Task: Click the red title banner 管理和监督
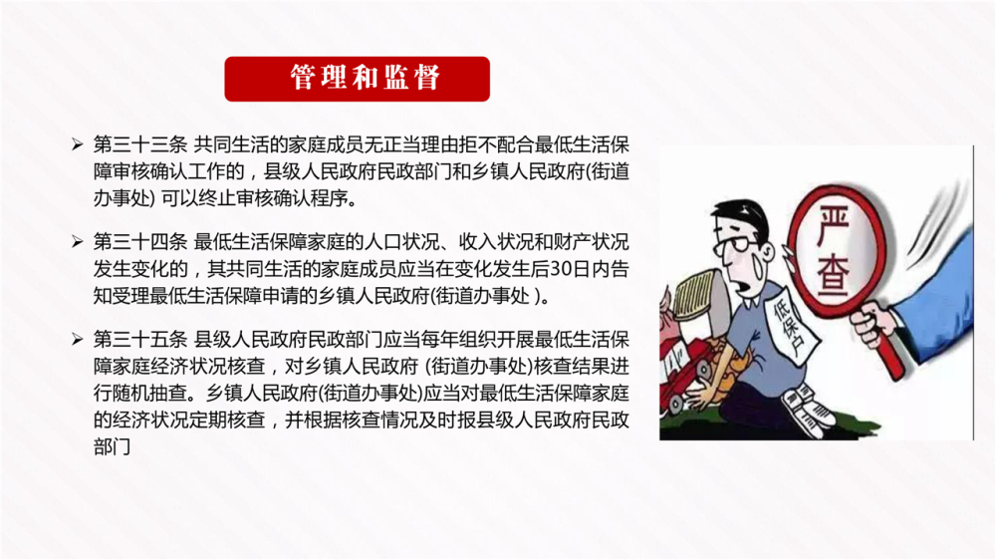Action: (x=357, y=79)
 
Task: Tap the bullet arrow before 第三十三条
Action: (x=78, y=144)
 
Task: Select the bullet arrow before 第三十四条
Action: (x=78, y=242)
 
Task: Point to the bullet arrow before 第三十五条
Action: (x=78, y=340)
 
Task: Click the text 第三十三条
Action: (x=139, y=144)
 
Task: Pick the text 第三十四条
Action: (x=139, y=242)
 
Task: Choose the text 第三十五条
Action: (x=139, y=340)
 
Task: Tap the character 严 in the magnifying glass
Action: (x=833, y=224)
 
